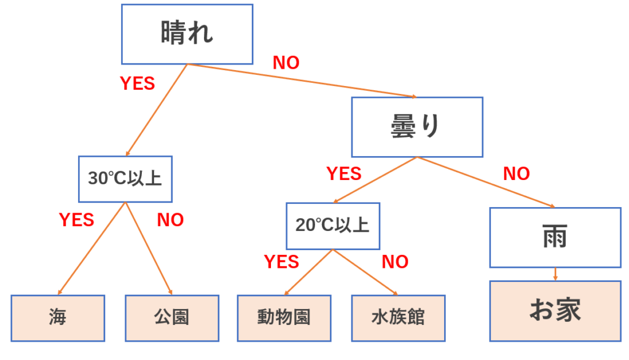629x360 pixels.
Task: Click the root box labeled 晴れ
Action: click(x=187, y=34)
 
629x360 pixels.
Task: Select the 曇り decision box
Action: click(x=416, y=127)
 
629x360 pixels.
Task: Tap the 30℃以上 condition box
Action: click(x=125, y=179)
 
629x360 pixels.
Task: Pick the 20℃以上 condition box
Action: click(x=332, y=225)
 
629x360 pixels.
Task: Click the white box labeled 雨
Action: click(x=555, y=237)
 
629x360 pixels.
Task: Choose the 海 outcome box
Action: click(x=58, y=317)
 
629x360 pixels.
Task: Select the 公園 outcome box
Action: click(x=172, y=317)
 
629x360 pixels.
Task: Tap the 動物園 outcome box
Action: click(x=284, y=317)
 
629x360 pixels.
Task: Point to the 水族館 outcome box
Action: click(x=398, y=317)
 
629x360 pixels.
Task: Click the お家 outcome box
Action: click(x=555, y=311)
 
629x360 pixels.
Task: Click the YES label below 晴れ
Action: click(x=137, y=84)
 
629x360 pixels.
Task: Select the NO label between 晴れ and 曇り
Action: click(x=286, y=63)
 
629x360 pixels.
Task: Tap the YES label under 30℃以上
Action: click(x=76, y=219)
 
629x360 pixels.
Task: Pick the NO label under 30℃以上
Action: click(x=170, y=220)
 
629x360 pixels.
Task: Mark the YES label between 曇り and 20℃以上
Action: click(x=344, y=174)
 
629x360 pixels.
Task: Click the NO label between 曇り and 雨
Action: click(x=516, y=174)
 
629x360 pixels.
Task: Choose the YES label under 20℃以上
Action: click(x=281, y=262)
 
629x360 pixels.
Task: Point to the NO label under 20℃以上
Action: click(x=395, y=262)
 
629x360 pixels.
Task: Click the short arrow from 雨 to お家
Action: click(x=555, y=274)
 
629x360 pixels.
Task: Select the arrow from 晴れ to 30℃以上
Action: click(x=157, y=109)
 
